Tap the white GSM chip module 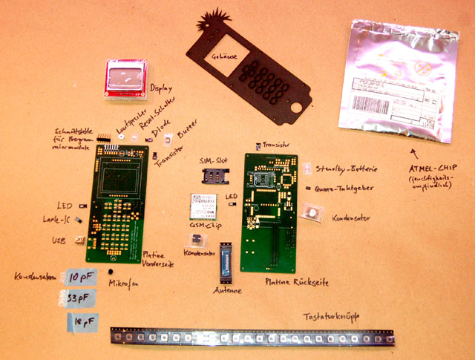tap(203, 206)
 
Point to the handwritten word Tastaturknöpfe tap(330, 318)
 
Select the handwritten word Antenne tap(226, 290)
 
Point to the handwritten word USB tap(59, 240)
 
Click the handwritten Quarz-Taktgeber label tap(344, 189)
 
